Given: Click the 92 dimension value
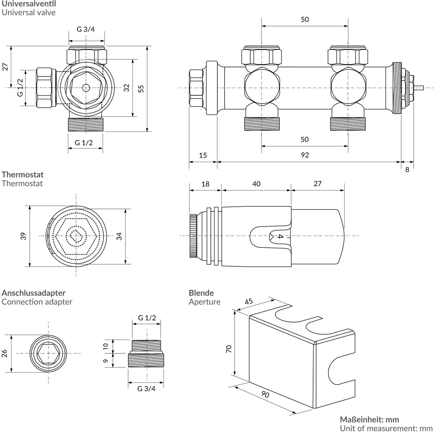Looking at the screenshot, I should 305,155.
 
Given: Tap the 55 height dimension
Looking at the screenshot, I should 142,89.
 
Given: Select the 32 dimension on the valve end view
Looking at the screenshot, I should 126,88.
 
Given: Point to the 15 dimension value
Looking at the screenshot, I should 203,155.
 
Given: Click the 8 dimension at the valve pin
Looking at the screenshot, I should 407,169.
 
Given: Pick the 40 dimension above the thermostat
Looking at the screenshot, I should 256,184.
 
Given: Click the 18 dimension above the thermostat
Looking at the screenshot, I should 205,184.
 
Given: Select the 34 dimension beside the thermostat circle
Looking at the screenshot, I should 119,236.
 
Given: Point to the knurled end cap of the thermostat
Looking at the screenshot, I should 193,236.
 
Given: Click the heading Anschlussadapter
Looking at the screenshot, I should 33,293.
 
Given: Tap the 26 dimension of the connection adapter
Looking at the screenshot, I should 5,353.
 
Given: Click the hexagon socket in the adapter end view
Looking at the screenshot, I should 48,353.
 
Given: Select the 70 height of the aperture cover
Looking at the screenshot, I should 229,349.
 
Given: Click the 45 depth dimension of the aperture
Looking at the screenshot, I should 249,301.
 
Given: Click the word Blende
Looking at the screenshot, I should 201,293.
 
